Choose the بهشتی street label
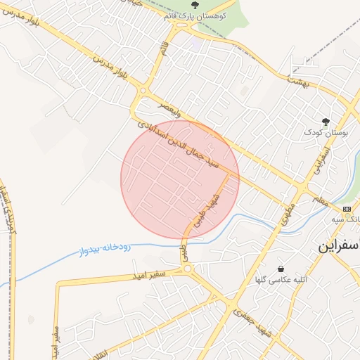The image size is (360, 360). click(299, 82)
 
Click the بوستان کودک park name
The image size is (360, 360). click(324, 131)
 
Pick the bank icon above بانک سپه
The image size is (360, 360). click(347, 209)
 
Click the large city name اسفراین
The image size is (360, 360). click(338, 247)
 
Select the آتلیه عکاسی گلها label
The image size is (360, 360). click(281, 280)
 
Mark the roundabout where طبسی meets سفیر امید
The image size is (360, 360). click(188, 270)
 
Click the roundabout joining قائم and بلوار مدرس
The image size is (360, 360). click(143, 91)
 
